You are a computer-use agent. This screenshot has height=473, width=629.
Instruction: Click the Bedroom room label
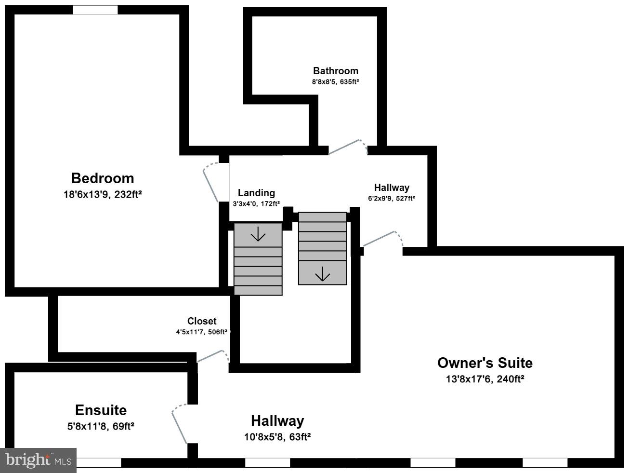(103, 178)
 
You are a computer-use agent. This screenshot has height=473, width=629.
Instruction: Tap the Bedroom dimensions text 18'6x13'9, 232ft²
(103, 194)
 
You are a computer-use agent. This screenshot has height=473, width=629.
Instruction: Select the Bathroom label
(335, 71)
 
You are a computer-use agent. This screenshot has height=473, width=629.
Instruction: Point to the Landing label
(256, 193)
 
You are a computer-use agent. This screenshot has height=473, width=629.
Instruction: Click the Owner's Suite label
(485, 363)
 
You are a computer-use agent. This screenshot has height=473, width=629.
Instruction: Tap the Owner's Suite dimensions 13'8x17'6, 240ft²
(485, 379)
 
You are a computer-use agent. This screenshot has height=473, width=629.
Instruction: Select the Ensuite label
(101, 410)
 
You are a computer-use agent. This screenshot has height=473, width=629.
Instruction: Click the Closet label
(202, 321)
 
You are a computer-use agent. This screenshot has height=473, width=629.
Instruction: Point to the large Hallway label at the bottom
(277, 421)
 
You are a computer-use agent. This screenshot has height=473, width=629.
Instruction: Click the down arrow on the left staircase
(258, 234)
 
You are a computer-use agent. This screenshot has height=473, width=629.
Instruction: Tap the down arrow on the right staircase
(322, 275)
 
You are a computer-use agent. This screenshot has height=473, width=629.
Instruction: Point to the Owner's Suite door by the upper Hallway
(382, 238)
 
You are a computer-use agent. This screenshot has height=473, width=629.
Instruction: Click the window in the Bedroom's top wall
(95, 10)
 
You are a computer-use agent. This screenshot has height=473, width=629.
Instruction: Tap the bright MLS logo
(39, 460)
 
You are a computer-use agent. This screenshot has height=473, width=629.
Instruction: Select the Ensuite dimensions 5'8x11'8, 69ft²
(101, 426)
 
